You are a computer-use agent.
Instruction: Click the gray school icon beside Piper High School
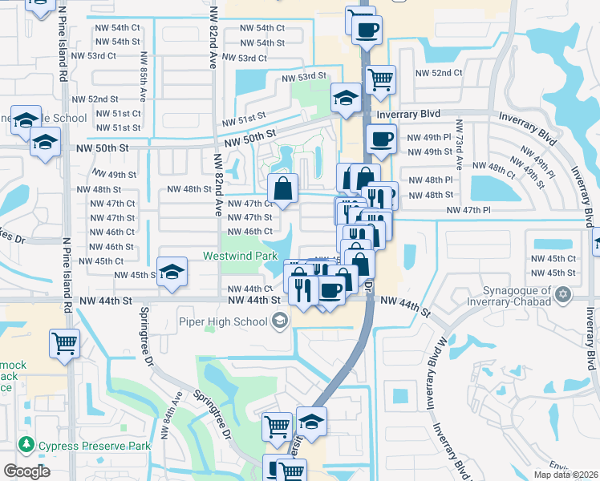pos(280,322)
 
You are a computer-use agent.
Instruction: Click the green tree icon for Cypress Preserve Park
pos(26,443)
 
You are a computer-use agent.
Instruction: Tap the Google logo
pos(26,471)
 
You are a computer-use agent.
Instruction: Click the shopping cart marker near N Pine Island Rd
pos(64,344)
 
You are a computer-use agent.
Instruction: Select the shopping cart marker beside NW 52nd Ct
pos(381,79)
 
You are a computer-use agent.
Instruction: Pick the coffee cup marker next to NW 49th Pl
pos(381,139)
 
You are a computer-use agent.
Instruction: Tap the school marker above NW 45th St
pos(172,273)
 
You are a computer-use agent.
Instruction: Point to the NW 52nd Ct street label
pos(439,73)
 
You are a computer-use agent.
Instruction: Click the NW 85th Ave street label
pos(143,77)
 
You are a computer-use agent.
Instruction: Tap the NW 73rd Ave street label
pos(460,145)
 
